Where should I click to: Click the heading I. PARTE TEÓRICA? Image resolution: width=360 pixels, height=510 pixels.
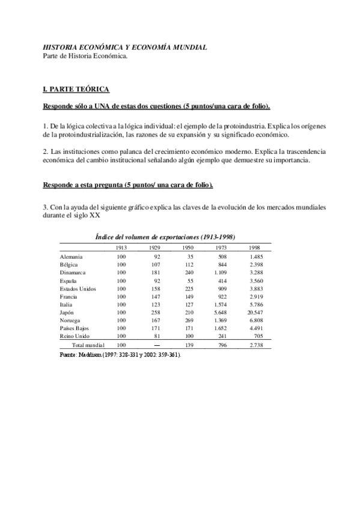pos(76,89)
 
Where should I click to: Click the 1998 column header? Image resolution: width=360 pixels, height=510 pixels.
pos(255,248)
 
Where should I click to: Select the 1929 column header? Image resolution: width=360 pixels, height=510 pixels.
pos(154,248)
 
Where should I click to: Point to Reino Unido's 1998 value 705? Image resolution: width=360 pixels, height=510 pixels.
pos(257,337)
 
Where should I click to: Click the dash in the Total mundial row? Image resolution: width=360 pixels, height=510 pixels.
pos(156,345)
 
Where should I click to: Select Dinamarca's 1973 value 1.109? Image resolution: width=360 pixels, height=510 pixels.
pos(220,272)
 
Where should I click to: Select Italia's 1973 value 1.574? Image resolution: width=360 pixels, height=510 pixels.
pos(220,305)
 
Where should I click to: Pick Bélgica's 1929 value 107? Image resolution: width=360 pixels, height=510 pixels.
pos(155,265)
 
